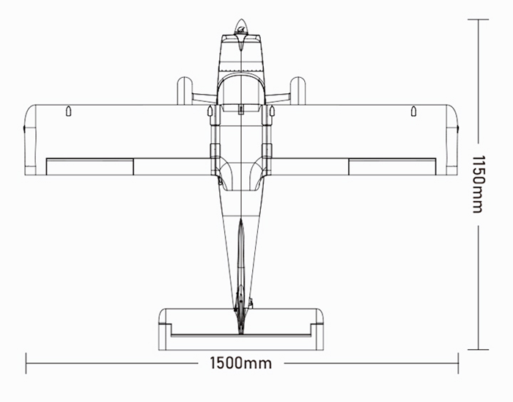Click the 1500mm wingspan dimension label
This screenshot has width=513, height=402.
tap(240, 363)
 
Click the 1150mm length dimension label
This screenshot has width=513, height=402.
tap(478, 184)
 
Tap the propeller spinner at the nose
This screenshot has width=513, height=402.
tap(241, 27)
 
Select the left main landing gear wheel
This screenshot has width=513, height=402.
tap(185, 91)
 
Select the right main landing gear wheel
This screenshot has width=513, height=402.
tap(298, 91)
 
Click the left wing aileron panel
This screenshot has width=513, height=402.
tap(89, 167)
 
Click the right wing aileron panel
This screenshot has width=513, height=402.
tap(392, 167)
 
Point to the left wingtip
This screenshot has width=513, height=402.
tap(31, 140)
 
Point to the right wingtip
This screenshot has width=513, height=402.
tap(452, 140)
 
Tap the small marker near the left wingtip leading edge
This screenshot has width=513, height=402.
tap(68, 111)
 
